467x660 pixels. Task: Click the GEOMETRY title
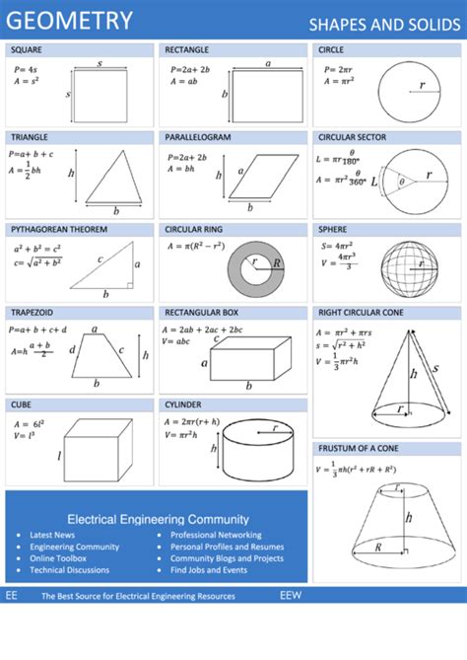click(70, 20)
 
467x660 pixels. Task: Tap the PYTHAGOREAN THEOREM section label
click(59, 229)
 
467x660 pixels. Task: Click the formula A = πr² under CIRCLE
click(335, 82)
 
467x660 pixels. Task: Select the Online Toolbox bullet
click(58, 558)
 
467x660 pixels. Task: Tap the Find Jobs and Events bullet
click(209, 570)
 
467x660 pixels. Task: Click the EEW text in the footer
click(291, 596)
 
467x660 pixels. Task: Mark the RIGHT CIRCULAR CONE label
click(360, 312)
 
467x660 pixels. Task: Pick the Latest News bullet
click(52, 535)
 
